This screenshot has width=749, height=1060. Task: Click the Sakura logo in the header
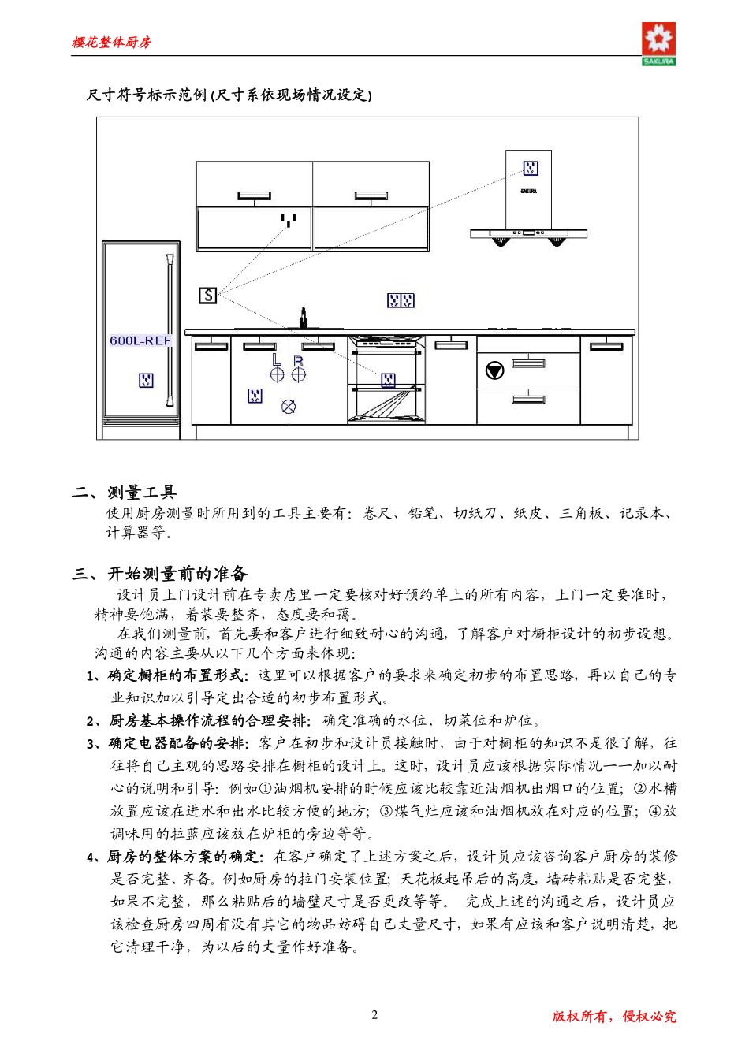(658, 43)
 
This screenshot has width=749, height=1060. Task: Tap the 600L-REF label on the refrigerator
(140, 340)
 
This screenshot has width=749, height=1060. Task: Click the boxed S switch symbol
(207, 296)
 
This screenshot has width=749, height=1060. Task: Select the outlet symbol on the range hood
(531, 168)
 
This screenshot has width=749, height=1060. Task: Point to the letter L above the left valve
(276, 359)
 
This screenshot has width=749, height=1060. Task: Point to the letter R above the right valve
(298, 360)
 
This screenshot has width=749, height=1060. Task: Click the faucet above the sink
(303, 318)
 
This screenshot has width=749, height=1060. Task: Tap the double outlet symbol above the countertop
(401, 300)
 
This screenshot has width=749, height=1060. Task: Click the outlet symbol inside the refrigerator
(146, 381)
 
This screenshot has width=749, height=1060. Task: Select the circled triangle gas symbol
(494, 370)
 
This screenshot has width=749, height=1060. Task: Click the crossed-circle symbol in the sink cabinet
(289, 407)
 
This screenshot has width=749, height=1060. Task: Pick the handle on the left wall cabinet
(253, 195)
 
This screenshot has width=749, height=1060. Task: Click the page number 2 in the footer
(374, 1014)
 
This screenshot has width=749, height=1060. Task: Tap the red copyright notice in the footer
(614, 1016)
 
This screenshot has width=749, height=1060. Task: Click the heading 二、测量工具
(125, 493)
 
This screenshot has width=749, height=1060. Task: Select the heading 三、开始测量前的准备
(160, 573)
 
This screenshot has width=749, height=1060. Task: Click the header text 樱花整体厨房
(111, 43)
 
